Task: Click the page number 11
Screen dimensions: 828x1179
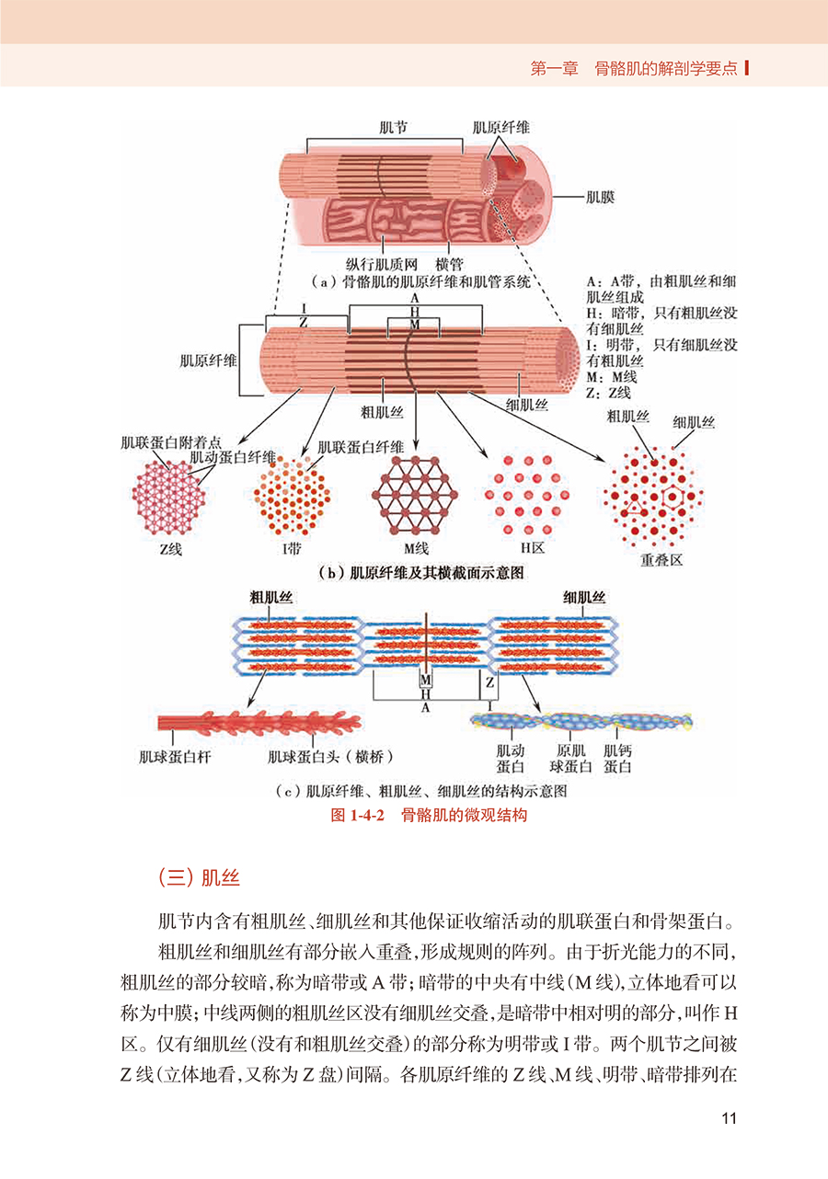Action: tap(729, 1118)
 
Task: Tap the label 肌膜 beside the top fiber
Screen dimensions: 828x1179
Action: tap(600, 198)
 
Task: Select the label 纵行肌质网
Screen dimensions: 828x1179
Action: tap(382, 264)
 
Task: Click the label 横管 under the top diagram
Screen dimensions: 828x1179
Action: tap(449, 264)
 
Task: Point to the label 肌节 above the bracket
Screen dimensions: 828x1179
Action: tap(393, 128)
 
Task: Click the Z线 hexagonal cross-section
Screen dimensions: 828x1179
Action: tap(168, 497)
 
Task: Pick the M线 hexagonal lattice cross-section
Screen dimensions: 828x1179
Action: tap(415, 496)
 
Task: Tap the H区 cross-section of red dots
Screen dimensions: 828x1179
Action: tap(527, 495)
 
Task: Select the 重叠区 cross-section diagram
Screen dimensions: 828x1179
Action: tap(653, 497)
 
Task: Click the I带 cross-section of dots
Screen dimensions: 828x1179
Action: tap(293, 496)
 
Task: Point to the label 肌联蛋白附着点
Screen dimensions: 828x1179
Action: tap(171, 442)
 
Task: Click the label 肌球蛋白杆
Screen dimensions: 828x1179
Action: tap(175, 757)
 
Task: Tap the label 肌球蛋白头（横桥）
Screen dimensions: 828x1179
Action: tap(330, 757)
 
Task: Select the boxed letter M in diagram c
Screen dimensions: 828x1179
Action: tap(425, 681)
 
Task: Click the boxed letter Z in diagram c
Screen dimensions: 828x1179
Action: tap(489, 682)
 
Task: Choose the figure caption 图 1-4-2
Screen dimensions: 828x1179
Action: tap(357, 816)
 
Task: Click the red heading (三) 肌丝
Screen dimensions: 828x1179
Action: tap(199, 878)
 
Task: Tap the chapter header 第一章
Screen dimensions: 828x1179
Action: tap(554, 68)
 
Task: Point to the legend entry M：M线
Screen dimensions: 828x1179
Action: tap(612, 377)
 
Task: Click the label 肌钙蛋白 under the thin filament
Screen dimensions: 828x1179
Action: tap(617, 759)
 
